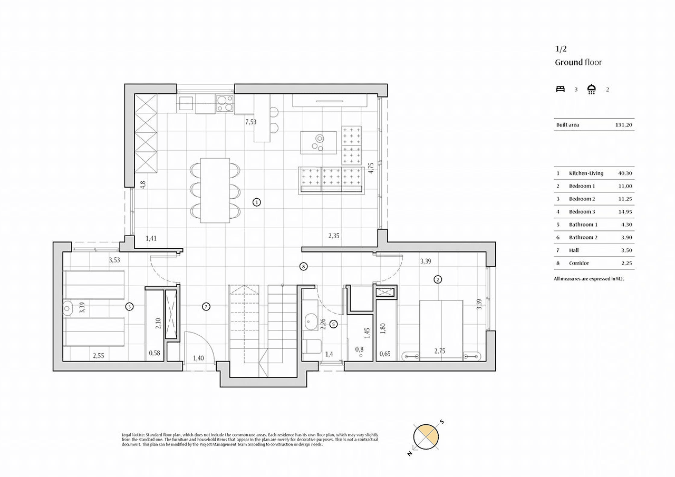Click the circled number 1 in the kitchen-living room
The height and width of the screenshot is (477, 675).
(x=256, y=202)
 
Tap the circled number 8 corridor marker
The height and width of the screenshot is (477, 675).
(x=303, y=267)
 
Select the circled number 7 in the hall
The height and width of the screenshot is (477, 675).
(x=206, y=307)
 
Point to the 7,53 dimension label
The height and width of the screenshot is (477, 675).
(x=250, y=122)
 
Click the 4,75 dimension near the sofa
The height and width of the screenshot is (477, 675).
(x=371, y=168)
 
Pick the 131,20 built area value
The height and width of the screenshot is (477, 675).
(x=623, y=125)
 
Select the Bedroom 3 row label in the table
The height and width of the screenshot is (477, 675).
(x=582, y=212)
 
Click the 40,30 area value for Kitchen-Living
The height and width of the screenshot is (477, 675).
(x=625, y=173)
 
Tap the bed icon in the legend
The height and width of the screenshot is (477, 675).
(x=560, y=89)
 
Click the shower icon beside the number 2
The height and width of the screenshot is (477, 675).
(x=592, y=89)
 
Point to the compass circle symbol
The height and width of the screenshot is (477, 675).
(x=426, y=437)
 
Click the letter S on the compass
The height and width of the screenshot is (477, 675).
(x=442, y=422)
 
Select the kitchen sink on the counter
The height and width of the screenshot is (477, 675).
(x=186, y=103)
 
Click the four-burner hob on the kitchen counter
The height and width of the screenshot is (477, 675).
(x=225, y=103)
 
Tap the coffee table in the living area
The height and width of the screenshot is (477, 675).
(x=318, y=143)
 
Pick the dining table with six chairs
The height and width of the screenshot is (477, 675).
(x=215, y=191)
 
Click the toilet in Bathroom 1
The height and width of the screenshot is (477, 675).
(x=312, y=347)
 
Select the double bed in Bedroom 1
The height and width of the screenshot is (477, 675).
(x=441, y=330)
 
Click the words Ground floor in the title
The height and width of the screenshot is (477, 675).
(x=578, y=62)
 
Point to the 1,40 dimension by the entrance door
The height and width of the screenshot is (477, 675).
(x=198, y=358)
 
